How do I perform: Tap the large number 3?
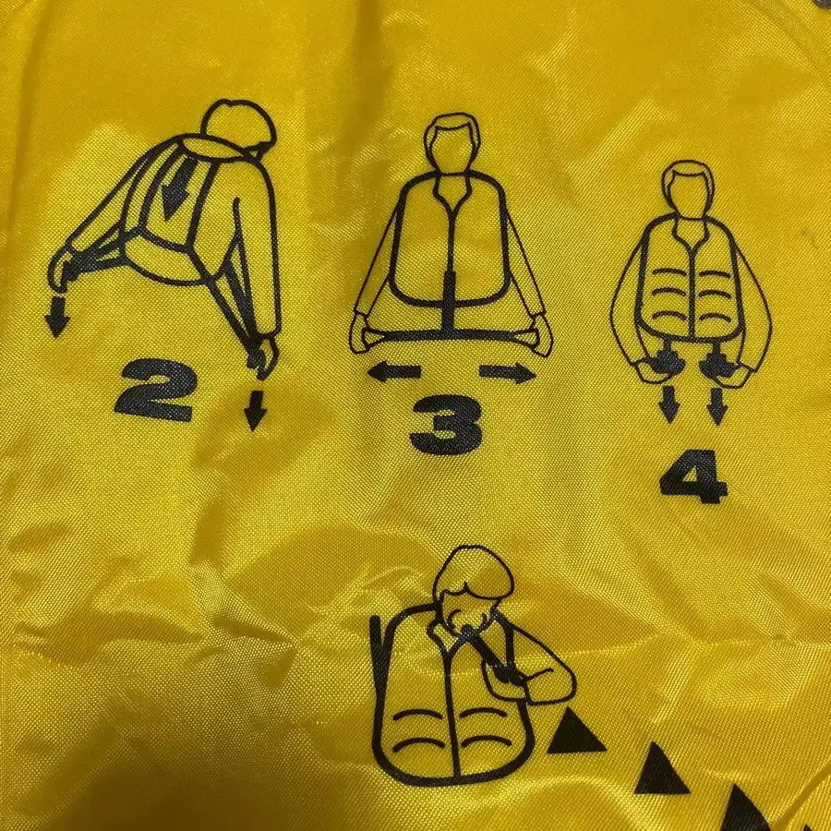pyautogui.click(x=445, y=427)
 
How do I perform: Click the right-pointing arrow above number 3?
pyautogui.click(x=507, y=372)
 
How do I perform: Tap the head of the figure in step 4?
pyautogui.click(x=691, y=187)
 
